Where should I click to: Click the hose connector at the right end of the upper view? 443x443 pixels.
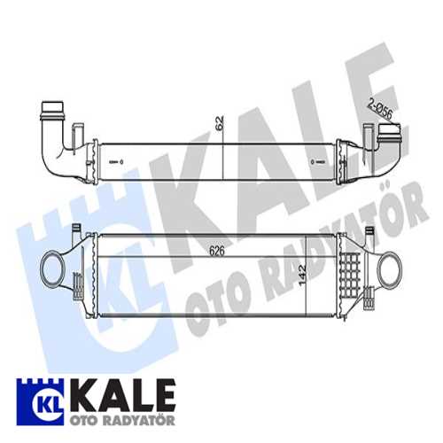pyautogui.click(x=390, y=136)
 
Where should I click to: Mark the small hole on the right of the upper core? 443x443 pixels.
pyautogui.click(x=315, y=162)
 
